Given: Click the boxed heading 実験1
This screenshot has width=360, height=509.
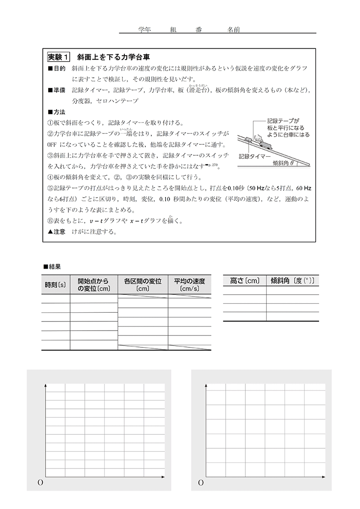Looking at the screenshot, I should point(59,57).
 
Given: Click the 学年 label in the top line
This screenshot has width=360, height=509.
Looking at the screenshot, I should point(144,29).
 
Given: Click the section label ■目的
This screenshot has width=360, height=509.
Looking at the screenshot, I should point(57,68).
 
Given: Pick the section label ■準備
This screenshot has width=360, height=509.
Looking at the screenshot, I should point(57,91).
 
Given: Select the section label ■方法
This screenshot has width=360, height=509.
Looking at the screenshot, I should point(57,112).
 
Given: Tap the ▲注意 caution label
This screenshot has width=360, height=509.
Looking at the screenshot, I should point(57,231).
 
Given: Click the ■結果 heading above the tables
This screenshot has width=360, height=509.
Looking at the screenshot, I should point(52,266).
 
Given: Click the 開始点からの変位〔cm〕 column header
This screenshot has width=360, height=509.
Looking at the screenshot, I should point(94,285).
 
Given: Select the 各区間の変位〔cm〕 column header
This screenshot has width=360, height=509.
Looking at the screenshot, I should point(143,285).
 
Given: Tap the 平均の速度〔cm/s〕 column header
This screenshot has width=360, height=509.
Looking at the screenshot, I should point(190,285).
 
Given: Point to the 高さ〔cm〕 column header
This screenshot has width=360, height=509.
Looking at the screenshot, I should point(245,281).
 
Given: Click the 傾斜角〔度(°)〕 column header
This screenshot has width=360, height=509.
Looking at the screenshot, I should point(293,281).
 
